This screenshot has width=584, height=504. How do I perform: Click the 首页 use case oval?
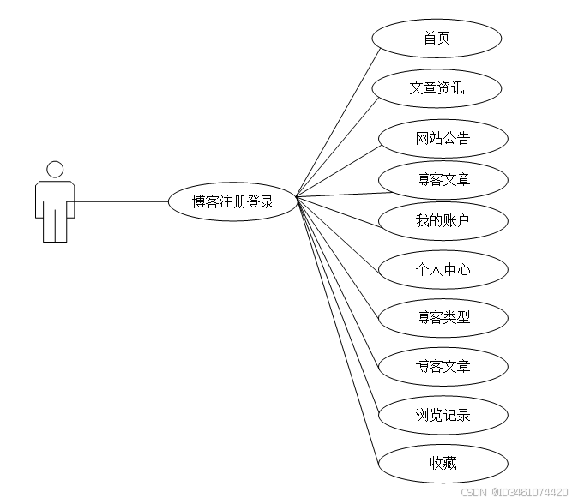click(436, 39)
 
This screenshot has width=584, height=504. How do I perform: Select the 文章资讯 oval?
click(436, 87)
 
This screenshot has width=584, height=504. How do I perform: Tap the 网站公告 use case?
click(443, 138)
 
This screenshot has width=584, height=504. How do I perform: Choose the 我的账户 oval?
click(443, 221)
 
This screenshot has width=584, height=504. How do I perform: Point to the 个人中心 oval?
click(443, 269)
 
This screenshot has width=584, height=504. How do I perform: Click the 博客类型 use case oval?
click(443, 318)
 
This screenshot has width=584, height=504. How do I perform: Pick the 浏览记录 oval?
click(443, 416)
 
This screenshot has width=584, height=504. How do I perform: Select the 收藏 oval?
click(443, 464)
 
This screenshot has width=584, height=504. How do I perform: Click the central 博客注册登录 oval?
click(232, 202)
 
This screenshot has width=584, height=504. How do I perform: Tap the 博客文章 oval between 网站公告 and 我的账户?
click(443, 180)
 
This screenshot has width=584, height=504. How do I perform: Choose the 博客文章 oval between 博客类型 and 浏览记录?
click(443, 367)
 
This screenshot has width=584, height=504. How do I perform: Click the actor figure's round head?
click(55, 169)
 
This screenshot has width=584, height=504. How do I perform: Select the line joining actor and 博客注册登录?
click(120, 202)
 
